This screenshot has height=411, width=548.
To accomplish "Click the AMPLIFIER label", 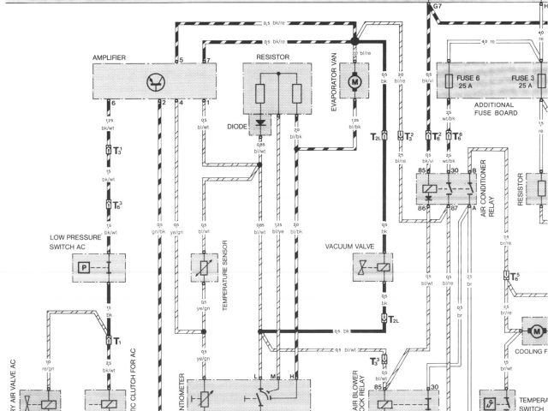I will (x=110, y=57).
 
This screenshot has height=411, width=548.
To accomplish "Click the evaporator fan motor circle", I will (x=353, y=81).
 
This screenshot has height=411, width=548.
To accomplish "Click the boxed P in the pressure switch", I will (x=84, y=268).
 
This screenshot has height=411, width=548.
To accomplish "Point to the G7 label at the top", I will (x=438, y=5).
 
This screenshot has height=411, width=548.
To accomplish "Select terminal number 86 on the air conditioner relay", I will (x=422, y=208).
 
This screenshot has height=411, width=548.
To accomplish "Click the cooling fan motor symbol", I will (x=536, y=330).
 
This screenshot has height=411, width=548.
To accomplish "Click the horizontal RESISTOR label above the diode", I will (x=272, y=57).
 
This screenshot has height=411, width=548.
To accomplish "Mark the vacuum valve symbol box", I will (x=373, y=268).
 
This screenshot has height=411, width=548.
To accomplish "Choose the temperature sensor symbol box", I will (x=204, y=268).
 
